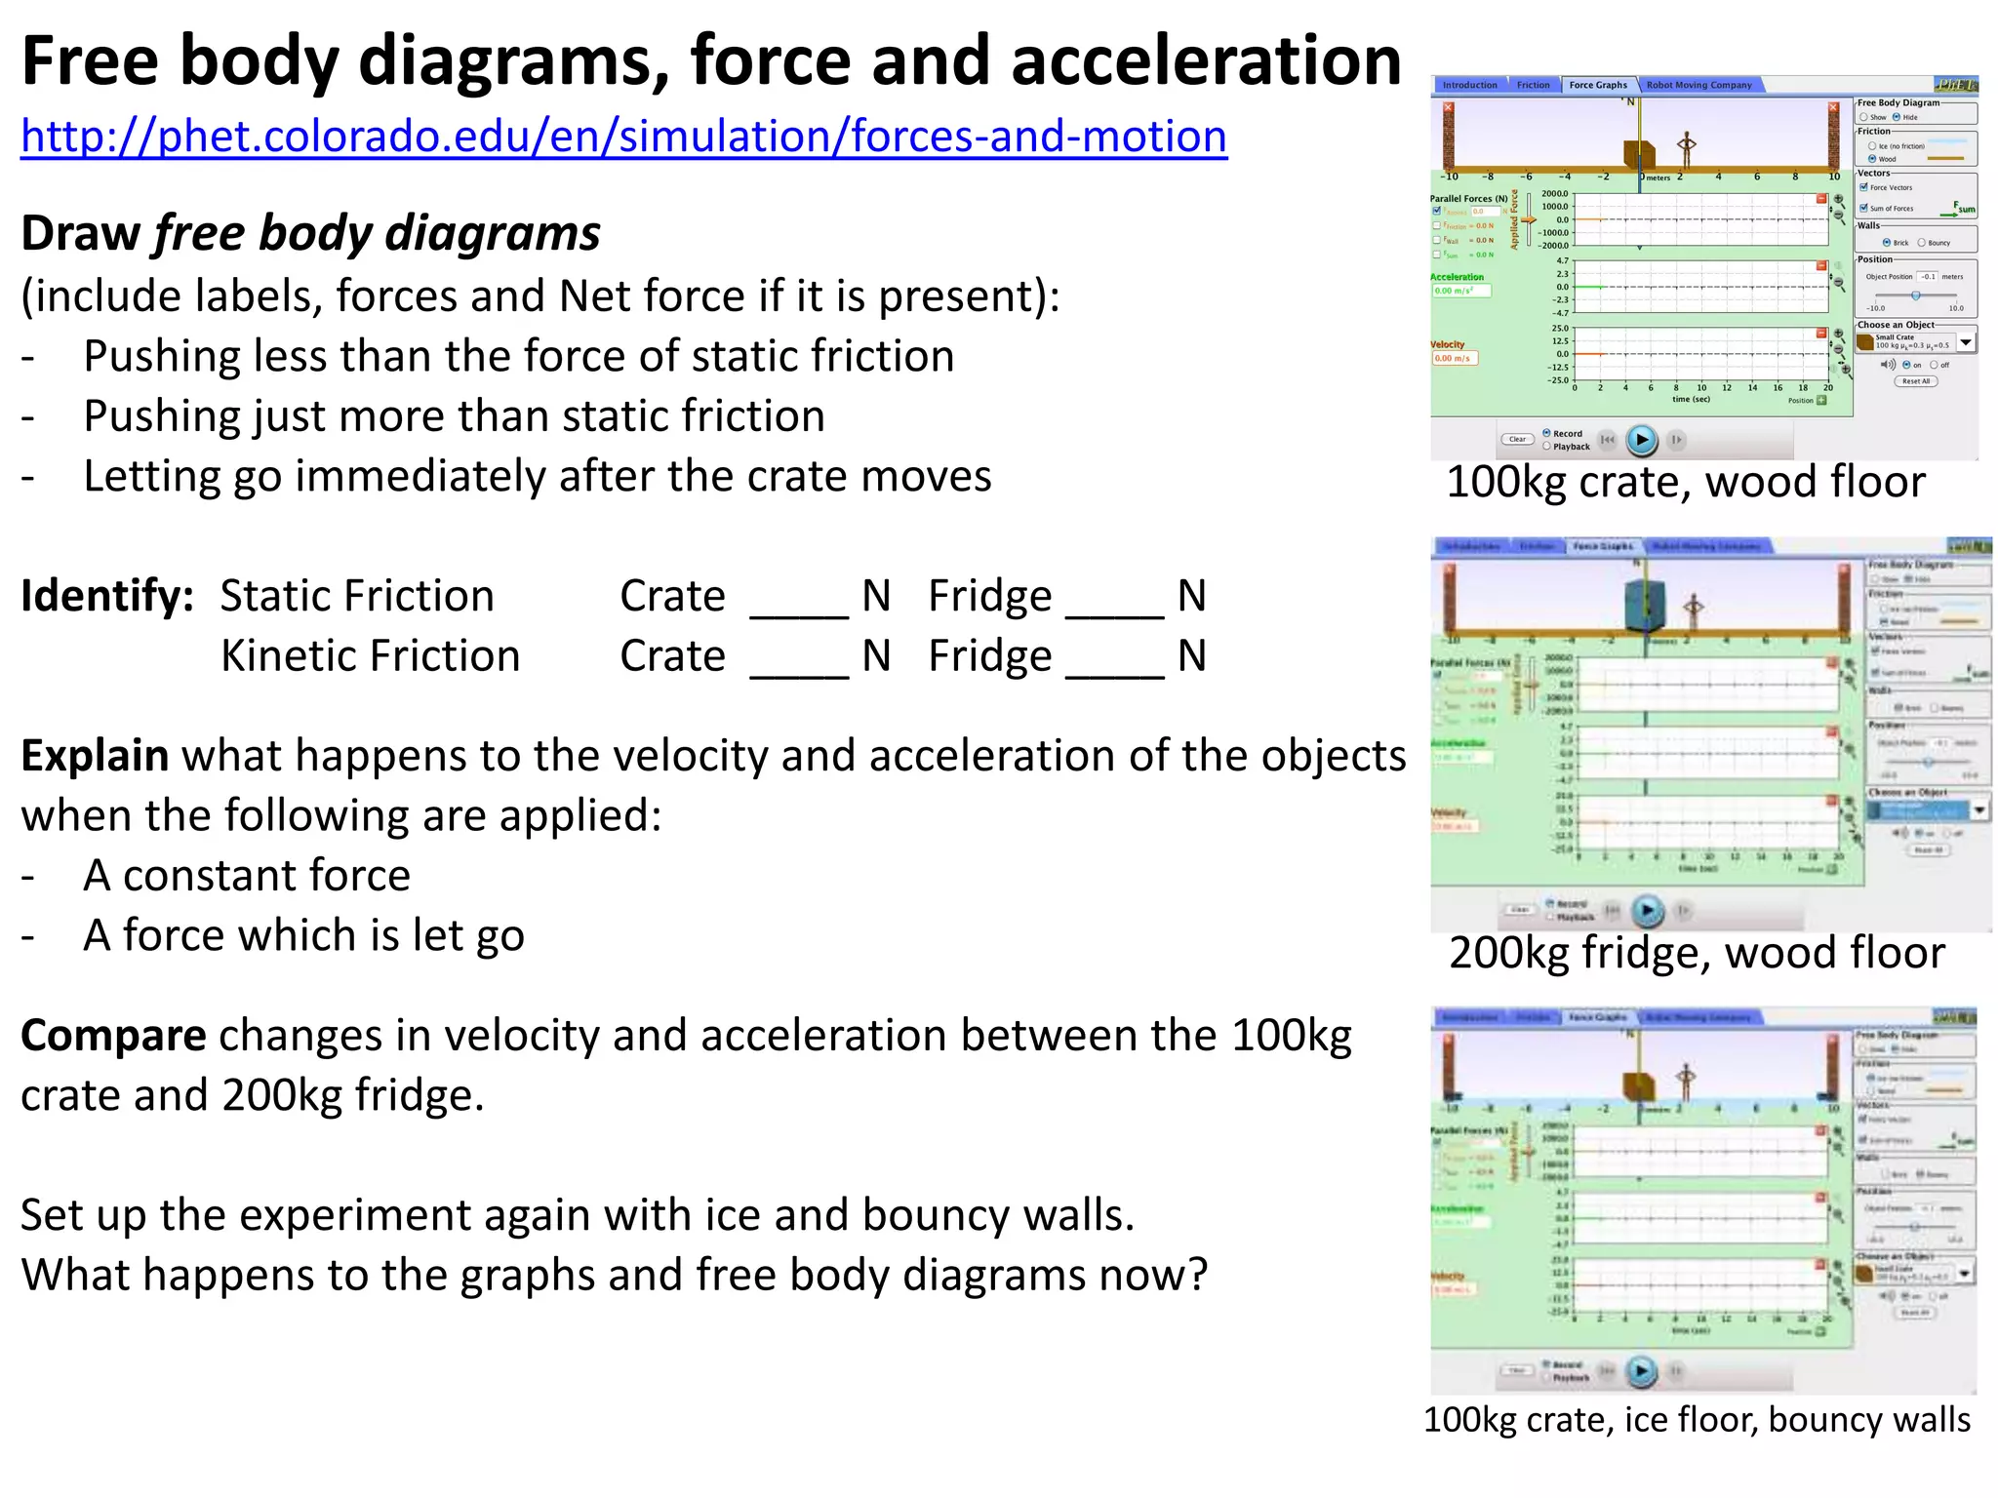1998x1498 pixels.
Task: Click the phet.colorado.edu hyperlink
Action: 623,137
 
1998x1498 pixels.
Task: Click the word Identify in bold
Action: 106,596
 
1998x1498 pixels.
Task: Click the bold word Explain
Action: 95,756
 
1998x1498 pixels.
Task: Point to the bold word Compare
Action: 113,1036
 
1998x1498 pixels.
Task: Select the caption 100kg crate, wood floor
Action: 1685,483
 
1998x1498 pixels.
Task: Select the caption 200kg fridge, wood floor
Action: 1697,953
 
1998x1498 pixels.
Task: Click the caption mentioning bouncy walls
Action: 1697,1420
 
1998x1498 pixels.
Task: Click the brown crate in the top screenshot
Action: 1639,153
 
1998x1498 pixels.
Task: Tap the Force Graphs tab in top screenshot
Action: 1597,85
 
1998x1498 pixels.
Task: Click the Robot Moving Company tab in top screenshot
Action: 1698,85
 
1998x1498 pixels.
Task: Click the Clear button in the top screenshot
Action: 1517,440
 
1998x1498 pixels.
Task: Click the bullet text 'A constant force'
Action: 247,876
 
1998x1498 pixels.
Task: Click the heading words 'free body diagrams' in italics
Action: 377,234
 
